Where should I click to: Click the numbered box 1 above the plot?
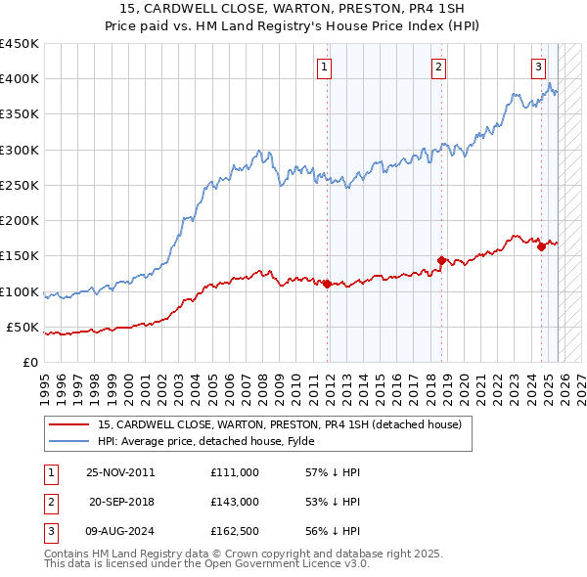pyautogui.click(x=324, y=67)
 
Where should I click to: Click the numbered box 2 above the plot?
pyautogui.click(x=438, y=67)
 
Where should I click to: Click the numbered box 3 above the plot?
pyautogui.click(x=538, y=67)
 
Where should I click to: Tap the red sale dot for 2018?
pyautogui.click(x=441, y=260)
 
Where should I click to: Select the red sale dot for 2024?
pyautogui.click(x=541, y=246)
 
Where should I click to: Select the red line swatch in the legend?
pyautogui.click(x=68, y=423)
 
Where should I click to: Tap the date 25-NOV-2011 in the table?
pyautogui.click(x=120, y=472)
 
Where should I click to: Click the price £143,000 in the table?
pyautogui.click(x=235, y=501)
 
